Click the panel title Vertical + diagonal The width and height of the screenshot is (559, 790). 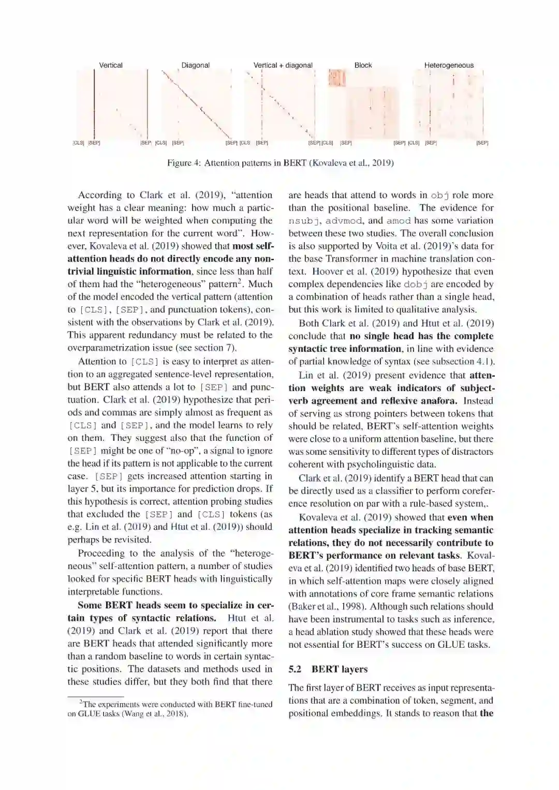click(283, 65)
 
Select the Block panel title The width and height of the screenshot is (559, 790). click(363, 65)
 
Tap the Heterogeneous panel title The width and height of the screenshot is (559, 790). click(449, 65)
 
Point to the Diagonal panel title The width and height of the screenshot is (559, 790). click(195, 65)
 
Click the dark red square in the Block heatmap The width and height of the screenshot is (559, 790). click(336, 78)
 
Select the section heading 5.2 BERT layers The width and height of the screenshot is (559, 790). click(328, 669)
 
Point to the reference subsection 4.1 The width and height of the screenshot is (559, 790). click(484, 361)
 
